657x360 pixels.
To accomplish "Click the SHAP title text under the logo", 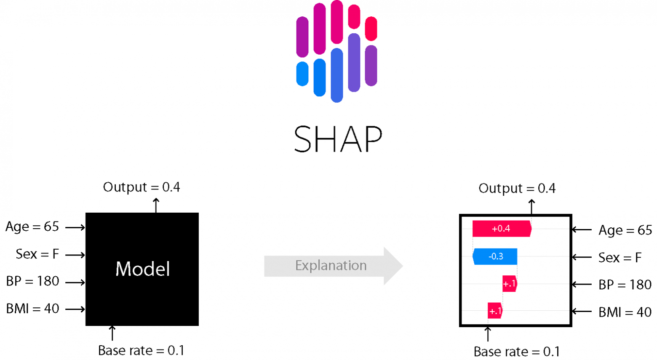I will click(x=338, y=139).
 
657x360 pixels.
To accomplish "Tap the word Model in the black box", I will click(x=142, y=269).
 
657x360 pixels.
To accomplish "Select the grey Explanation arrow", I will click(x=333, y=266).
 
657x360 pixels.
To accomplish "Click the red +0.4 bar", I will click(x=501, y=229).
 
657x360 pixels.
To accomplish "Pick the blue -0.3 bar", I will click(x=495, y=256).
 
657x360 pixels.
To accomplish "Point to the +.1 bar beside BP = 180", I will click(x=509, y=284).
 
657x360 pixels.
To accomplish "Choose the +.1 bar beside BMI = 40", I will click(x=495, y=311).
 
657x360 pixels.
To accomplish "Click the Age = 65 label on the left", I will click(x=32, y=227).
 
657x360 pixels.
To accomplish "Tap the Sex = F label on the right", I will click(x=620, y=258).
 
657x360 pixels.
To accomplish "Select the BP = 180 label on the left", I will click(x=32, y=281).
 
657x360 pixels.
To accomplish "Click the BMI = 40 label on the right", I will click(x=625, y=312).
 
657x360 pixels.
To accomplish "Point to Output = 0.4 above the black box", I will click(x=142, y=187).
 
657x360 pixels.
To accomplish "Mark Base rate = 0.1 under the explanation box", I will click(x=517, y=351).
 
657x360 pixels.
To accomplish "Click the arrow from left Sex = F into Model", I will click(x=75, y=255).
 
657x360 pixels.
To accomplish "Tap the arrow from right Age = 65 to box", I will click(x=582, y=230).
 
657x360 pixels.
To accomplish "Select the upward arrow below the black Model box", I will click(x=112, y=333).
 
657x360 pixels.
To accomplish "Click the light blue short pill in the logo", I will click(x=302, y=74).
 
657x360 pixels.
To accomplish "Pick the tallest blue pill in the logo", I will click(x=337, y=75).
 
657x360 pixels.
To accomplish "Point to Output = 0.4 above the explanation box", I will click(x=517, y=188).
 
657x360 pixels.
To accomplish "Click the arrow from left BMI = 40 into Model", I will click(x=75, y=309).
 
